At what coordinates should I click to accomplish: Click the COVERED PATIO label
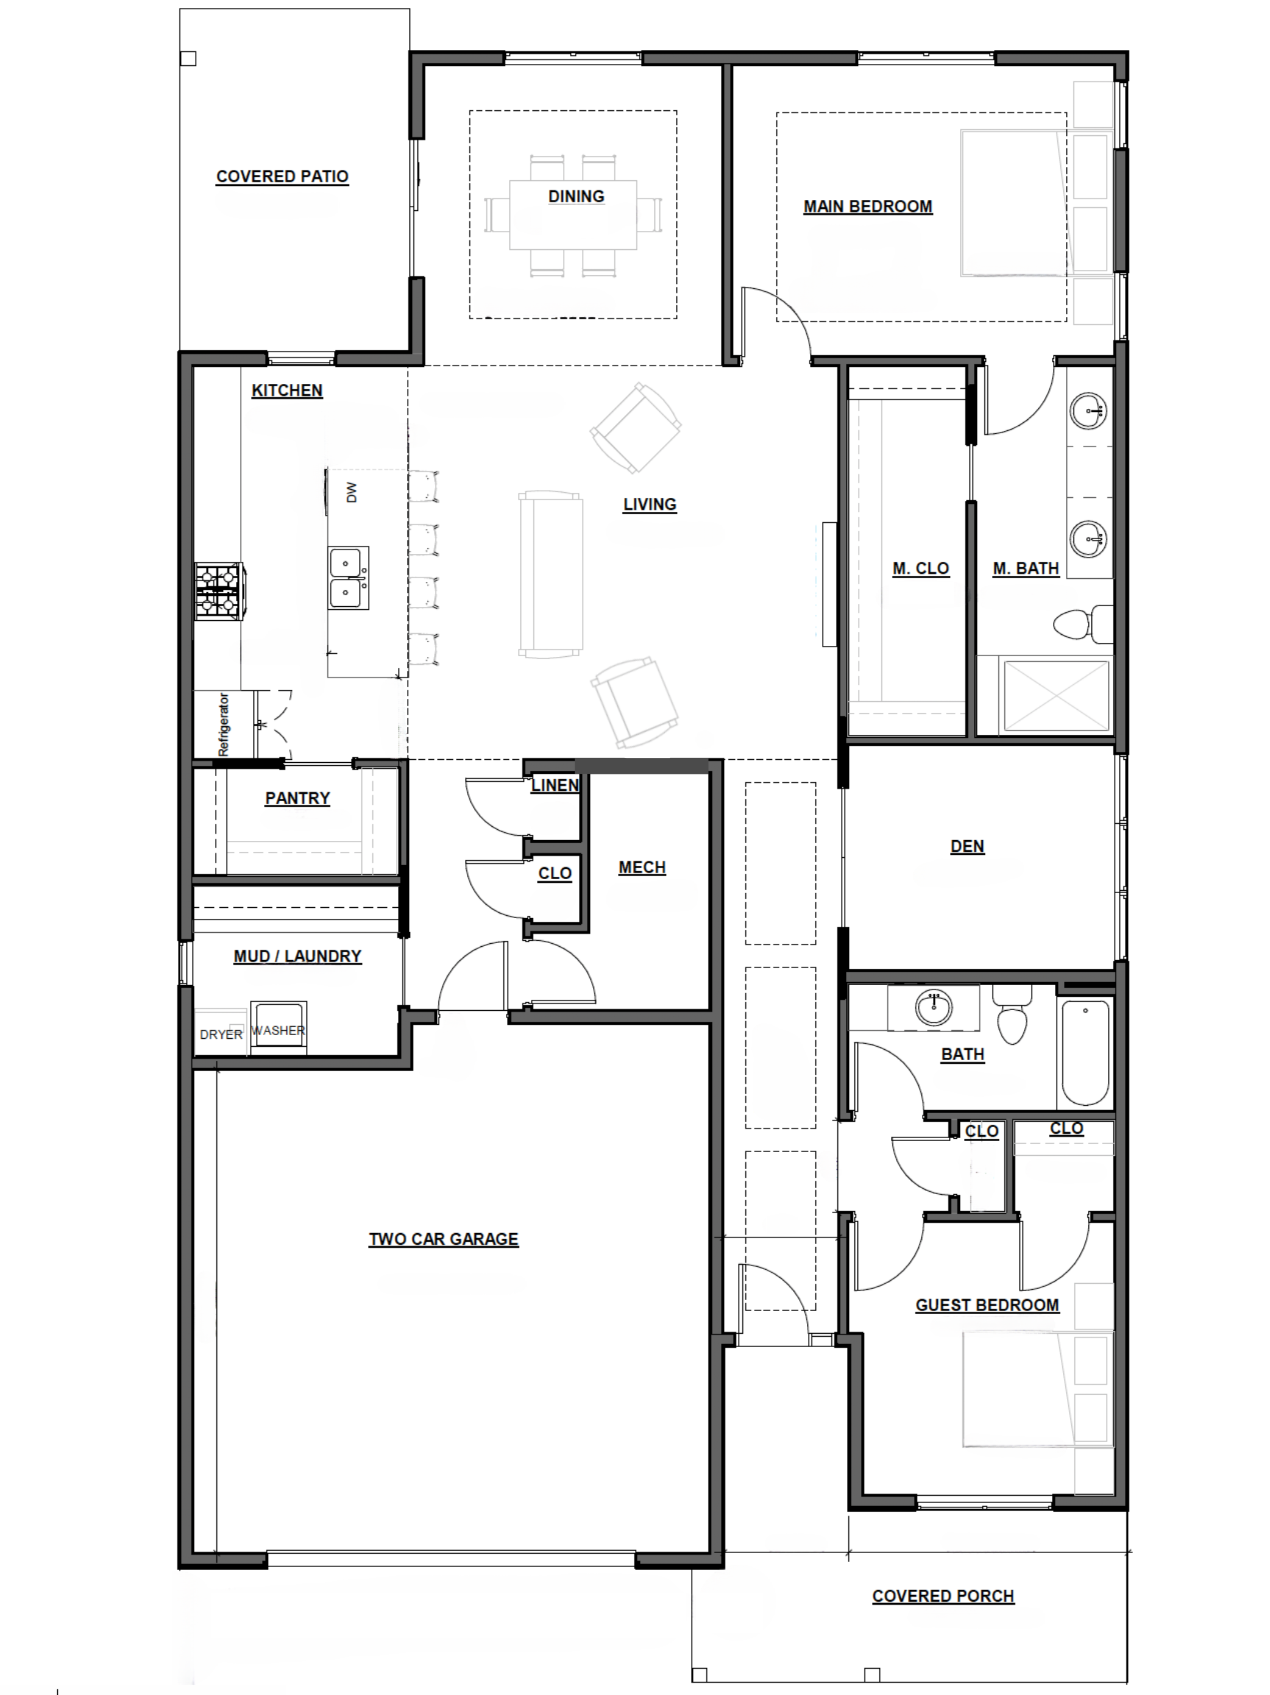click(x=282, y=176)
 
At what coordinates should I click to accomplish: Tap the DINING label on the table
click(x=576, y=196)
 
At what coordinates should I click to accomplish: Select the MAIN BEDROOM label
click(x=868, y=206)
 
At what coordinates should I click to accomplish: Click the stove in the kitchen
click(x=220, y=591)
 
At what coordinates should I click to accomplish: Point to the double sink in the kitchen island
click(x=348, y=578)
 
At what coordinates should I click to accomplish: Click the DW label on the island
click(x=352, y=492)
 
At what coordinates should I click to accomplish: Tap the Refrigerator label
click(x=224, y=724)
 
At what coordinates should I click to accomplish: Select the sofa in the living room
click(x=550, y=575)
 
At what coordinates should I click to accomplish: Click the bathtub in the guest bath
click(x=1085, y=1052)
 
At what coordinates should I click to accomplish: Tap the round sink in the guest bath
click(x=934, y=1008)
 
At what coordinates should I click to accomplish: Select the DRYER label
click(x=221, y=1035)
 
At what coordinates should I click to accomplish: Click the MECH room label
click(x=642, y=868)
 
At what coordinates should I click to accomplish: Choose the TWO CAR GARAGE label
click(x=444, y=1239)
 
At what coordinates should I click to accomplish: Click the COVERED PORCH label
click(x=943, y=1596)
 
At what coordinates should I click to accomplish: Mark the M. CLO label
click(x=920, y=568)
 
